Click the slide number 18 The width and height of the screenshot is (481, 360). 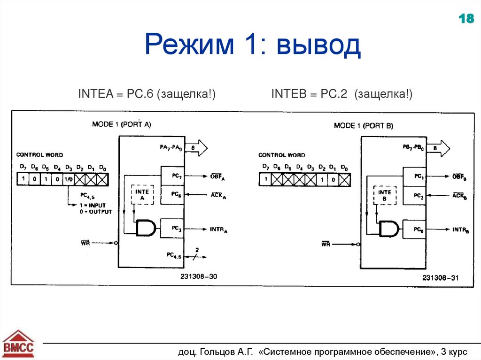[x=466, y=19]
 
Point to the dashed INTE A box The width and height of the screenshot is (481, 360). [x=142, y=195]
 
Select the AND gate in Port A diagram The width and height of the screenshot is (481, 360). [x=146, y=229]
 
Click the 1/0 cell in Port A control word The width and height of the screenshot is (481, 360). [x=69, y=179]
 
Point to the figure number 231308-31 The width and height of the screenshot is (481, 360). [x=440, y=278]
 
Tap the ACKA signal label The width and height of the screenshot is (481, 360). [x=218, y=195]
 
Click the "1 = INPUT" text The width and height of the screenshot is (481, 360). [x=93, y=205]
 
